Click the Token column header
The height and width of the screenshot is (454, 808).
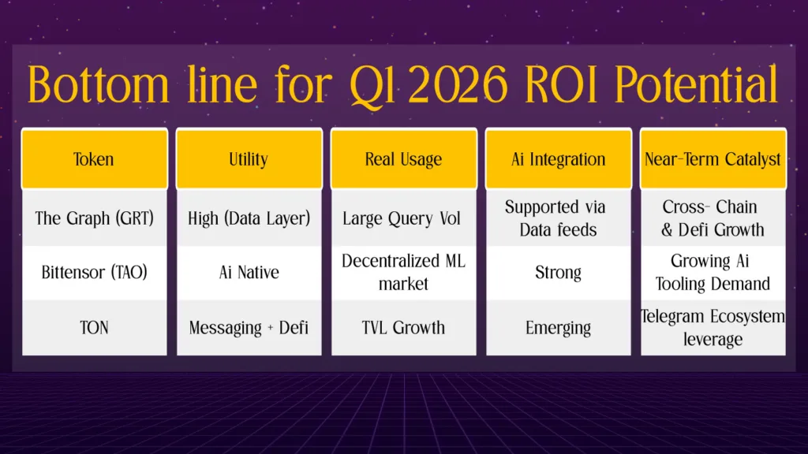(x=94, y=159)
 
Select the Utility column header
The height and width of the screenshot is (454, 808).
(x=249, y=159)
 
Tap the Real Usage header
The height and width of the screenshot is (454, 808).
(x=403, y=159)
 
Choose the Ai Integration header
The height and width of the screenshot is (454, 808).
(x=558, y=159)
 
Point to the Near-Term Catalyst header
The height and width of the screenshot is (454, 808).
(x=713, y=159)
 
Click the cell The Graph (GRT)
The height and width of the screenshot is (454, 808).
(x=94, y=218)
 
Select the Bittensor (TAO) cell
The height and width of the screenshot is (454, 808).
(x=94, y=273)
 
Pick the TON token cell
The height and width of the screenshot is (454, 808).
(x=94, y=327)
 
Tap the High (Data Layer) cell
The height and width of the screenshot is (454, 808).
(x=249, y=218)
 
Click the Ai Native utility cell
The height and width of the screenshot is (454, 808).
(x=249, y=273)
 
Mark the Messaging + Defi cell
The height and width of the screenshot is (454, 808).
(x=249, y=327)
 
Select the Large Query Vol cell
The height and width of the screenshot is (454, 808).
(x=403, y=218)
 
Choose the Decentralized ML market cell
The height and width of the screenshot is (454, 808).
(x=403, y=273)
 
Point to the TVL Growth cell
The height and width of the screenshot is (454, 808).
(x=403, y=327)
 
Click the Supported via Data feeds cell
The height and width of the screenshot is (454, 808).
(x=558, y=218)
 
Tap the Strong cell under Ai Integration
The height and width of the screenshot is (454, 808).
(x=558, y=273)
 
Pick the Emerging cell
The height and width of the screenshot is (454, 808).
(x=558, y=327)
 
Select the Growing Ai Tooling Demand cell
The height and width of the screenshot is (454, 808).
(x=713, y=273)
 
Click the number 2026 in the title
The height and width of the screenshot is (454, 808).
(x=458, y=85)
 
